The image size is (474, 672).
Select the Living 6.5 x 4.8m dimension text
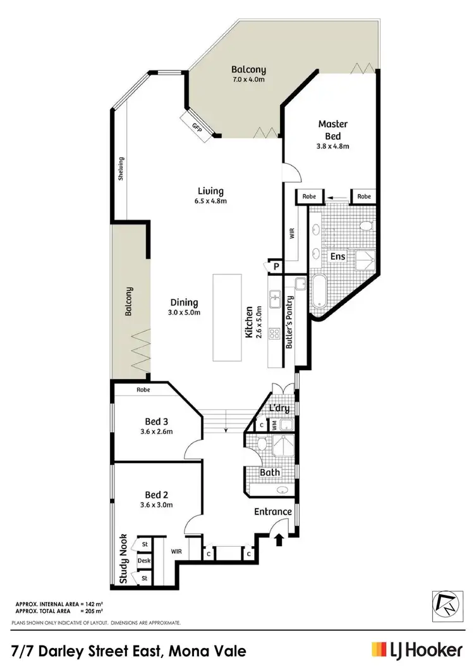[x=211, y=201]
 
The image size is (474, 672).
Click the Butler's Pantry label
[x=290, y=323]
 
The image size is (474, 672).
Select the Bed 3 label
[x=155, y=421]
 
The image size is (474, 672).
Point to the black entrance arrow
[x=279, y=538]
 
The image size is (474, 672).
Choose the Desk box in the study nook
[x=144, y=561]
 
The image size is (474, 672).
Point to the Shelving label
[x=121, y=169]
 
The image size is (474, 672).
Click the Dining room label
[x=184, y=302]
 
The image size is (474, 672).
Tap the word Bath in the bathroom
[x=271, y=472]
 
